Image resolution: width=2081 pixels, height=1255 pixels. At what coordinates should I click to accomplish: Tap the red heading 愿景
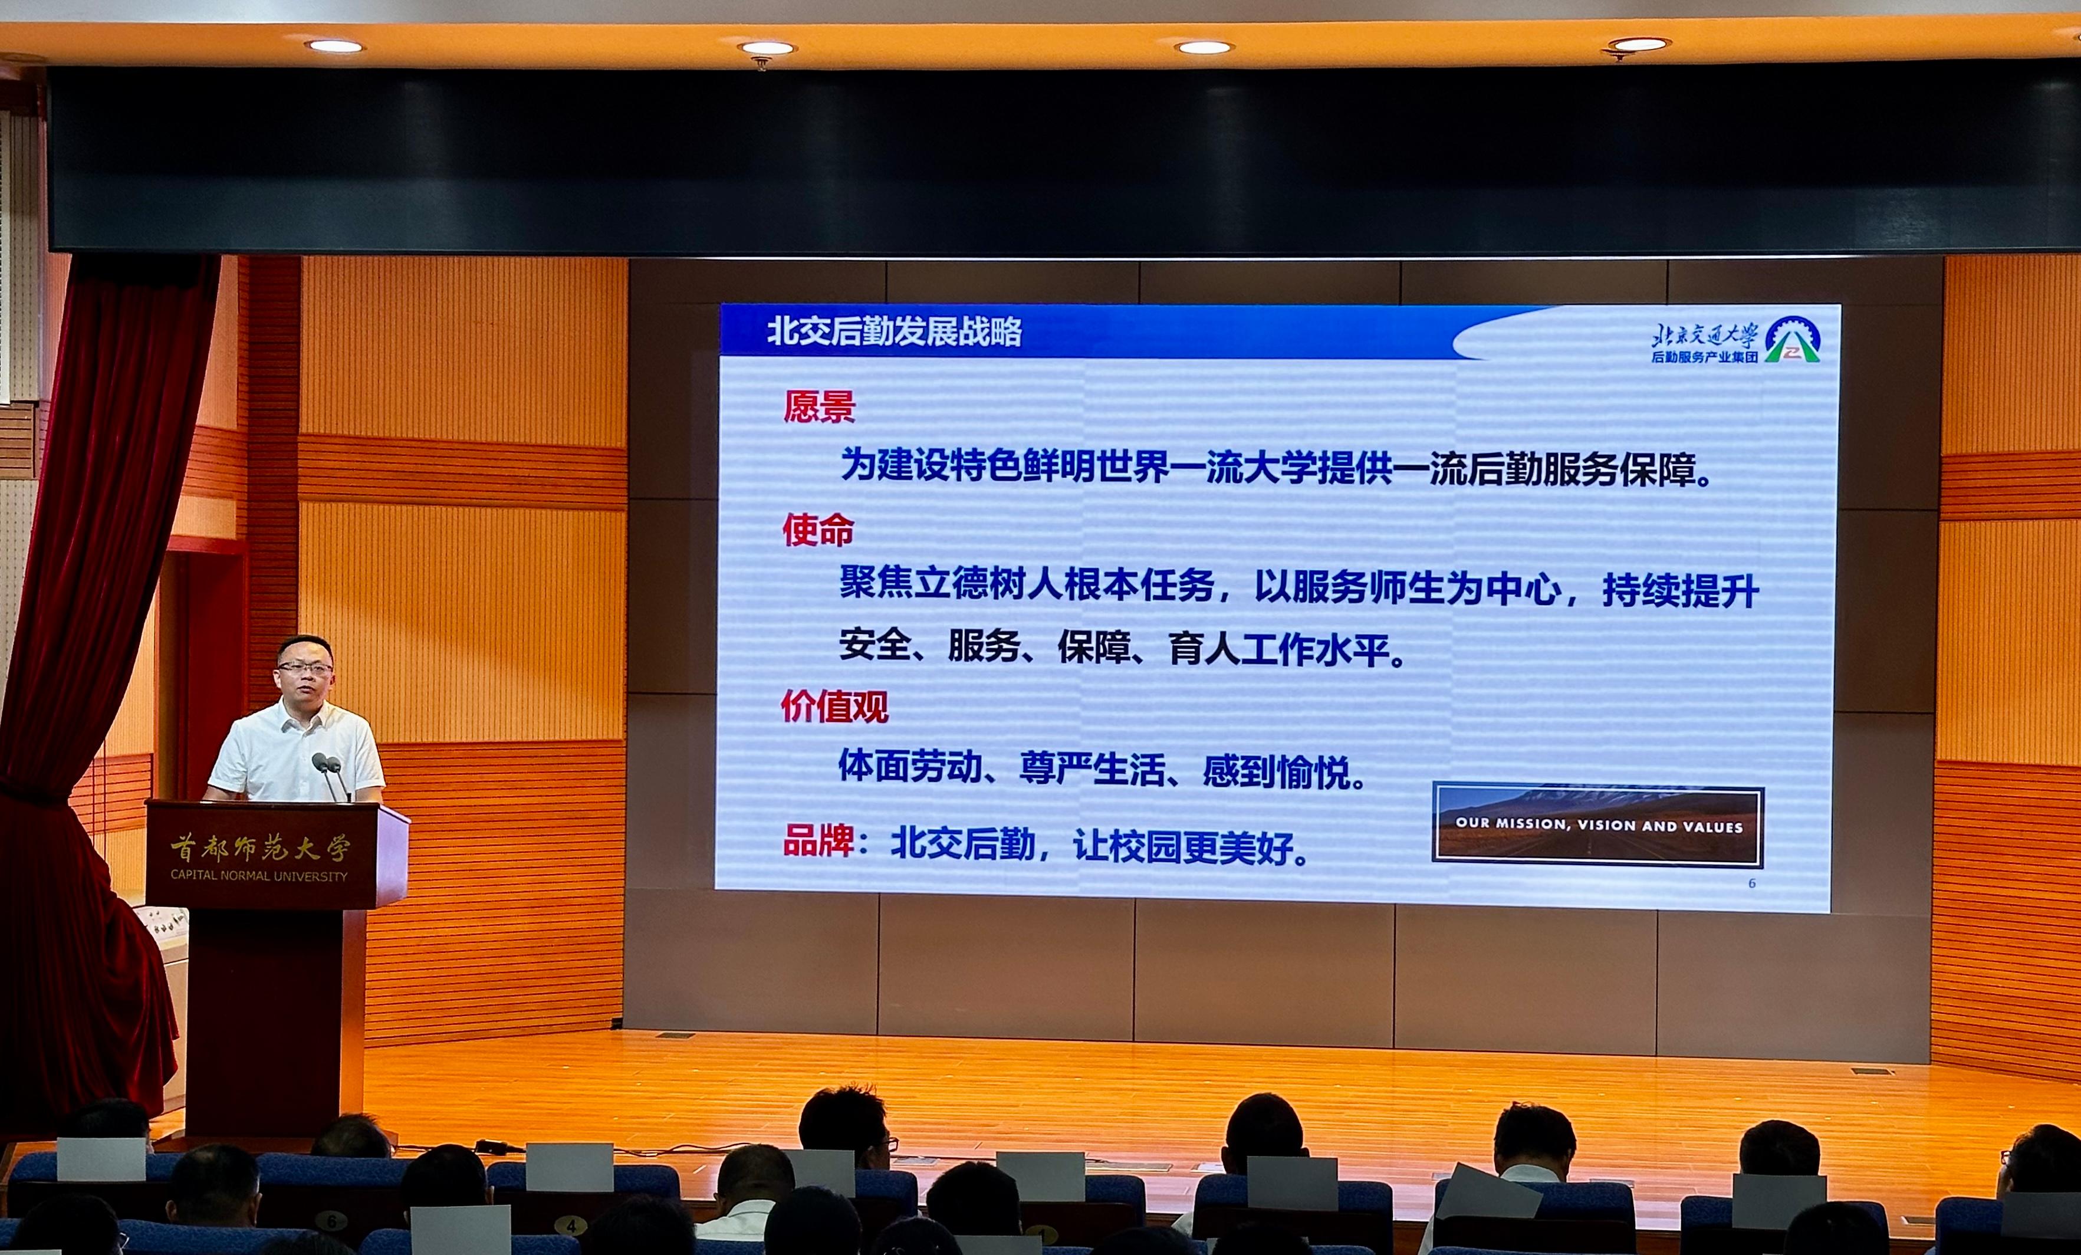(x=818, y=406)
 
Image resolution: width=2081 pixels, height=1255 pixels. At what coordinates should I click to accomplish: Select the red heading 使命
(x=817, y=530)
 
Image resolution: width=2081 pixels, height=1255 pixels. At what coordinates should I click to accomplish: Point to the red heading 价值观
(x=834, y=706)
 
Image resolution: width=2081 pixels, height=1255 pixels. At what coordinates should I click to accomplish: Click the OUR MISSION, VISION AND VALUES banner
(x=1598, y=825)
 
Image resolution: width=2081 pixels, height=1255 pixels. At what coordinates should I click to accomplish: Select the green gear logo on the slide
(x=1792, y=340)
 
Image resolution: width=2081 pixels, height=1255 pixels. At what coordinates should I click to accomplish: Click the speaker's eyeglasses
(x=305, y=667)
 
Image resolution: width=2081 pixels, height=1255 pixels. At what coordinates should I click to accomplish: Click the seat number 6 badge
(x=331, y=1221)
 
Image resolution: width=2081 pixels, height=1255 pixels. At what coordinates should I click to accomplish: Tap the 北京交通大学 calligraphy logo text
(x=1704, y=334)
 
